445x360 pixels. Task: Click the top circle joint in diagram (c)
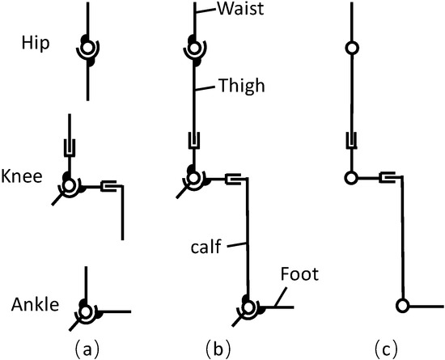coord(351,49)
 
